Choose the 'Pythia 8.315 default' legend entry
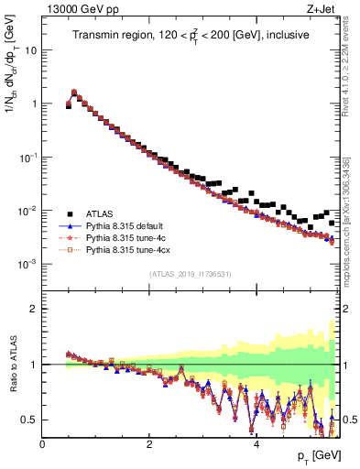coord(129,225)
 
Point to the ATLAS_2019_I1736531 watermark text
coord(190,274)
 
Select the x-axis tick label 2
coord(149,444)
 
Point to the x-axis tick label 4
coord(256,444)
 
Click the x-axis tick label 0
coord(42,444)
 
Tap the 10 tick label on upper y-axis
coord(30,50)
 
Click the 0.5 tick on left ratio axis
coord(29,420)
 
